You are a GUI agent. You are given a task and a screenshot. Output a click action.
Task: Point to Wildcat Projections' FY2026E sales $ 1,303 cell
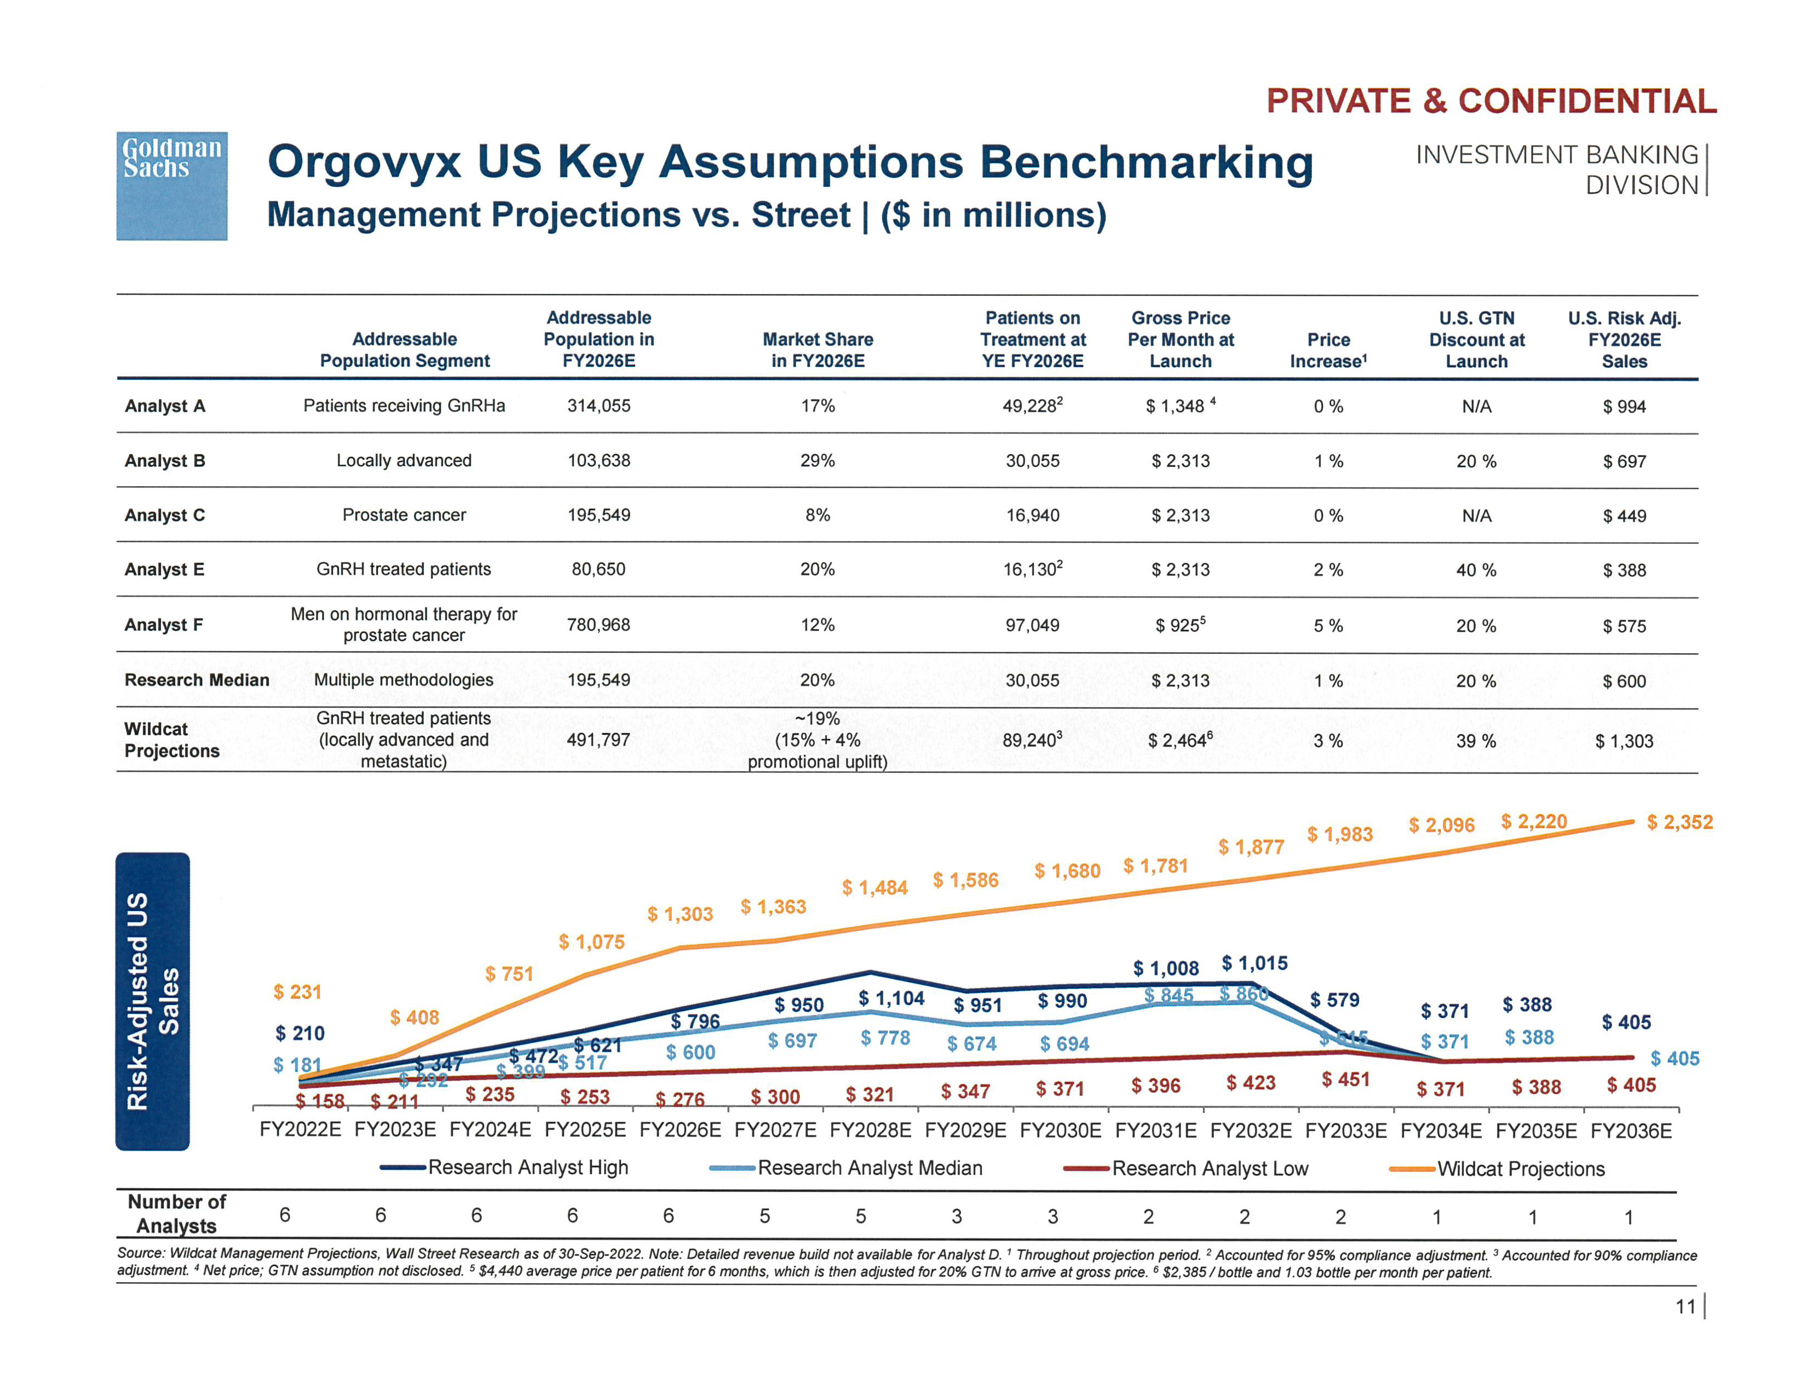pos(1624,741)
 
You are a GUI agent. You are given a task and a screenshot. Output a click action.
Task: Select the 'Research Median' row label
pos(197,680)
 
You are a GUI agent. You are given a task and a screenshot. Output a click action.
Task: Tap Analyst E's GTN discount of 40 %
pos(1476,570)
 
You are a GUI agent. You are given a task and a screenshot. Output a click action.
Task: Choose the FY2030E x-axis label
pos(1060,1130)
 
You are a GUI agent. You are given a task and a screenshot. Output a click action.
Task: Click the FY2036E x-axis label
pos(1631,1130)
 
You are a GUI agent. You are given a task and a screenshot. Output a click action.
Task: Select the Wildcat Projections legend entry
pos(1520,1169)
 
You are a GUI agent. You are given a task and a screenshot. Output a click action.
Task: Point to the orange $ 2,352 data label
pos(1679,822)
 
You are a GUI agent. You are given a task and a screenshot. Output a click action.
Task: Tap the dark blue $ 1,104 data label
pos(891,998)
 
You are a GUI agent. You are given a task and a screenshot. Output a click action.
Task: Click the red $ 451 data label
pos(1345,1079)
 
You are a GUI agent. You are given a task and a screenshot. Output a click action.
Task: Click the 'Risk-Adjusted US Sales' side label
pos(152,1001)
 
